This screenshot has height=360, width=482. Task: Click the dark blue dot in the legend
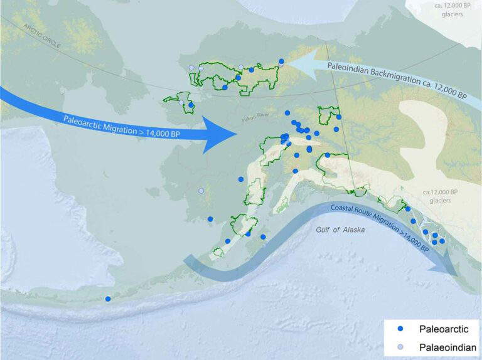400,329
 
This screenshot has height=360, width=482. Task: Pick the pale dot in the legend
400,347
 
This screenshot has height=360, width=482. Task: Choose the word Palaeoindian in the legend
442,347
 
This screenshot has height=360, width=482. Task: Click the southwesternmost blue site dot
108,299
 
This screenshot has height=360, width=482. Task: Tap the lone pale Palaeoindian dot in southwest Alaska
201,191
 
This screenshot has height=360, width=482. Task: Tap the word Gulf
322,230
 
